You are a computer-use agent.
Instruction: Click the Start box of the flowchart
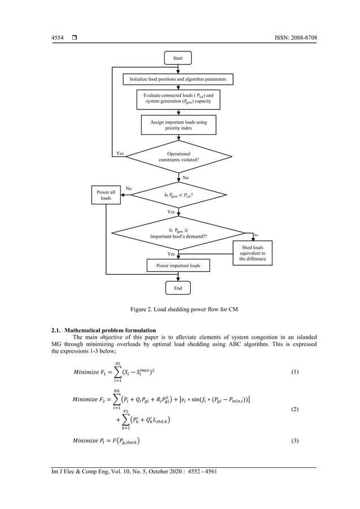point(178,58)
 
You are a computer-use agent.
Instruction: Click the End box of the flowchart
point(178,288)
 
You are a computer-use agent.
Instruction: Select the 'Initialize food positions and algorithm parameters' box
point(178,79)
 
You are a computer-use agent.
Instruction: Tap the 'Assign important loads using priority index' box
point(178,125)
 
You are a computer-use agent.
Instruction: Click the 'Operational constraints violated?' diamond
point(178,156)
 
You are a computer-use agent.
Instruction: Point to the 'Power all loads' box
point(106,195)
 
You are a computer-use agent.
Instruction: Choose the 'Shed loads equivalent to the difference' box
point(252,253)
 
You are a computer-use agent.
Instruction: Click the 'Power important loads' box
point(178,265)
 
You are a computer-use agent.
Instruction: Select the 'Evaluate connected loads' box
point(178,100)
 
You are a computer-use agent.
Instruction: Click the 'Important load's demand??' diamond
point(178,232)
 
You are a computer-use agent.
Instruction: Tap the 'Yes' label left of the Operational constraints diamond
point(120,153)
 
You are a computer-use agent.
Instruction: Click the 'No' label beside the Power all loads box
point(129,188)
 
